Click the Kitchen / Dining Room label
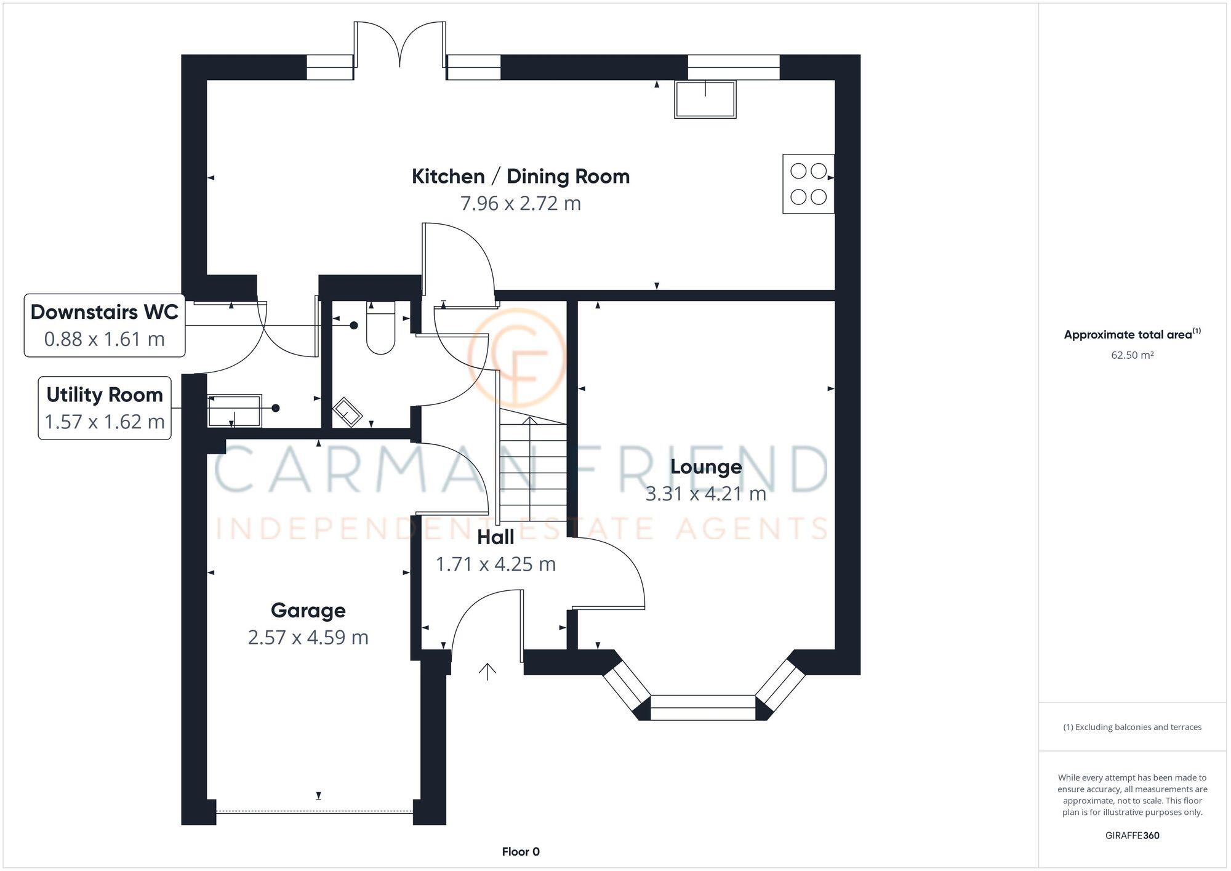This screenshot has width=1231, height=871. point(521,177)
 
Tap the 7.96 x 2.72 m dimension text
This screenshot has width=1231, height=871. point(521,203)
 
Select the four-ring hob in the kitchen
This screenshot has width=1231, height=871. point(808,184)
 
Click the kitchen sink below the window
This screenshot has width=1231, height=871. point(705,100)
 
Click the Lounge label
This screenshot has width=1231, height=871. point(706,467)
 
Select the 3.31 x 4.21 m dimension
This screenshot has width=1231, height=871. point(706,494)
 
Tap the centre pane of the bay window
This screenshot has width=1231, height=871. point(703,707)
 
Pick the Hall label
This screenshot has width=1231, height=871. point(495,537)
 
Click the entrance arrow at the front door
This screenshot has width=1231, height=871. point(487,672)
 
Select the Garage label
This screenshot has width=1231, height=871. point(308,611)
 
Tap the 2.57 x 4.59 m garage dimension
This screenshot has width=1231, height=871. point(308,637)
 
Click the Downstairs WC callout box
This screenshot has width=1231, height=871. point(105,326)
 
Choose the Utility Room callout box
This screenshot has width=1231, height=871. point(105,408)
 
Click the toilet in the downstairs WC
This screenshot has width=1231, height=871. point(380,329)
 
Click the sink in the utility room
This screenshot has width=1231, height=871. point(235,411)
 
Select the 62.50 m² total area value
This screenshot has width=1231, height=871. point(1132,355)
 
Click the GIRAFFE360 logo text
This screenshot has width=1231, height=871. point(1132,835)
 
